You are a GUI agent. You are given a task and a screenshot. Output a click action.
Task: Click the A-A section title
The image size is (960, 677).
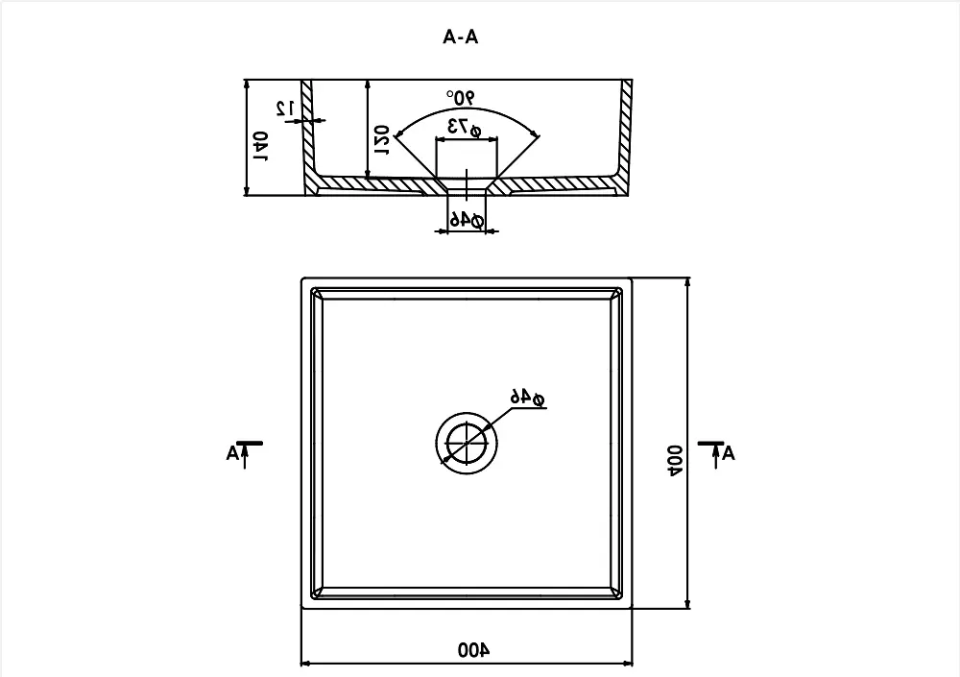461,37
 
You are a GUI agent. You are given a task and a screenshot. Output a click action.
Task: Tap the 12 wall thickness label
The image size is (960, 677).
285,109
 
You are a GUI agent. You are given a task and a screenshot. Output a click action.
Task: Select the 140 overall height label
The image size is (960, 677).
261,146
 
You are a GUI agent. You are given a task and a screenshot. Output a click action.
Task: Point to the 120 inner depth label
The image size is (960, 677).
381,140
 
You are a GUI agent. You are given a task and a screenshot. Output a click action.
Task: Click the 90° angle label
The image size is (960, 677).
461,97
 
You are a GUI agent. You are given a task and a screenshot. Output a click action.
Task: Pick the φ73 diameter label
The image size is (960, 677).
466,128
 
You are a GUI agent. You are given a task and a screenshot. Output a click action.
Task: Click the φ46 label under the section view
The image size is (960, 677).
468,219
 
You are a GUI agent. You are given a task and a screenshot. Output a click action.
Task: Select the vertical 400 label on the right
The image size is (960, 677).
675,461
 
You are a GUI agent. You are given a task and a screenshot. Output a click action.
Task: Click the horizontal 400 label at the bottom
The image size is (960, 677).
474,649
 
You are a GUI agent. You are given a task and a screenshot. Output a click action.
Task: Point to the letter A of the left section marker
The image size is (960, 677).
232,454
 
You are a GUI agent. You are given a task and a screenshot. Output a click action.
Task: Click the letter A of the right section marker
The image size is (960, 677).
729,454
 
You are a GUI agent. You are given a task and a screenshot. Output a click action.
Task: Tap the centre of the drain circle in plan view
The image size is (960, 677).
467,443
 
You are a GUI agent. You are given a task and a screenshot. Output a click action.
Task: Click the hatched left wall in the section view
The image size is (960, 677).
307,130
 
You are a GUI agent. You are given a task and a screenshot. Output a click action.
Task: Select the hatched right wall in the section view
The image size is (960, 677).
626,130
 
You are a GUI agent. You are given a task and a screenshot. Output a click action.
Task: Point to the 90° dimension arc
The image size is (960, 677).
467,109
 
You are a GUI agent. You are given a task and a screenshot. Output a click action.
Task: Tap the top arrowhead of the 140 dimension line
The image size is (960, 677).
247,85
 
